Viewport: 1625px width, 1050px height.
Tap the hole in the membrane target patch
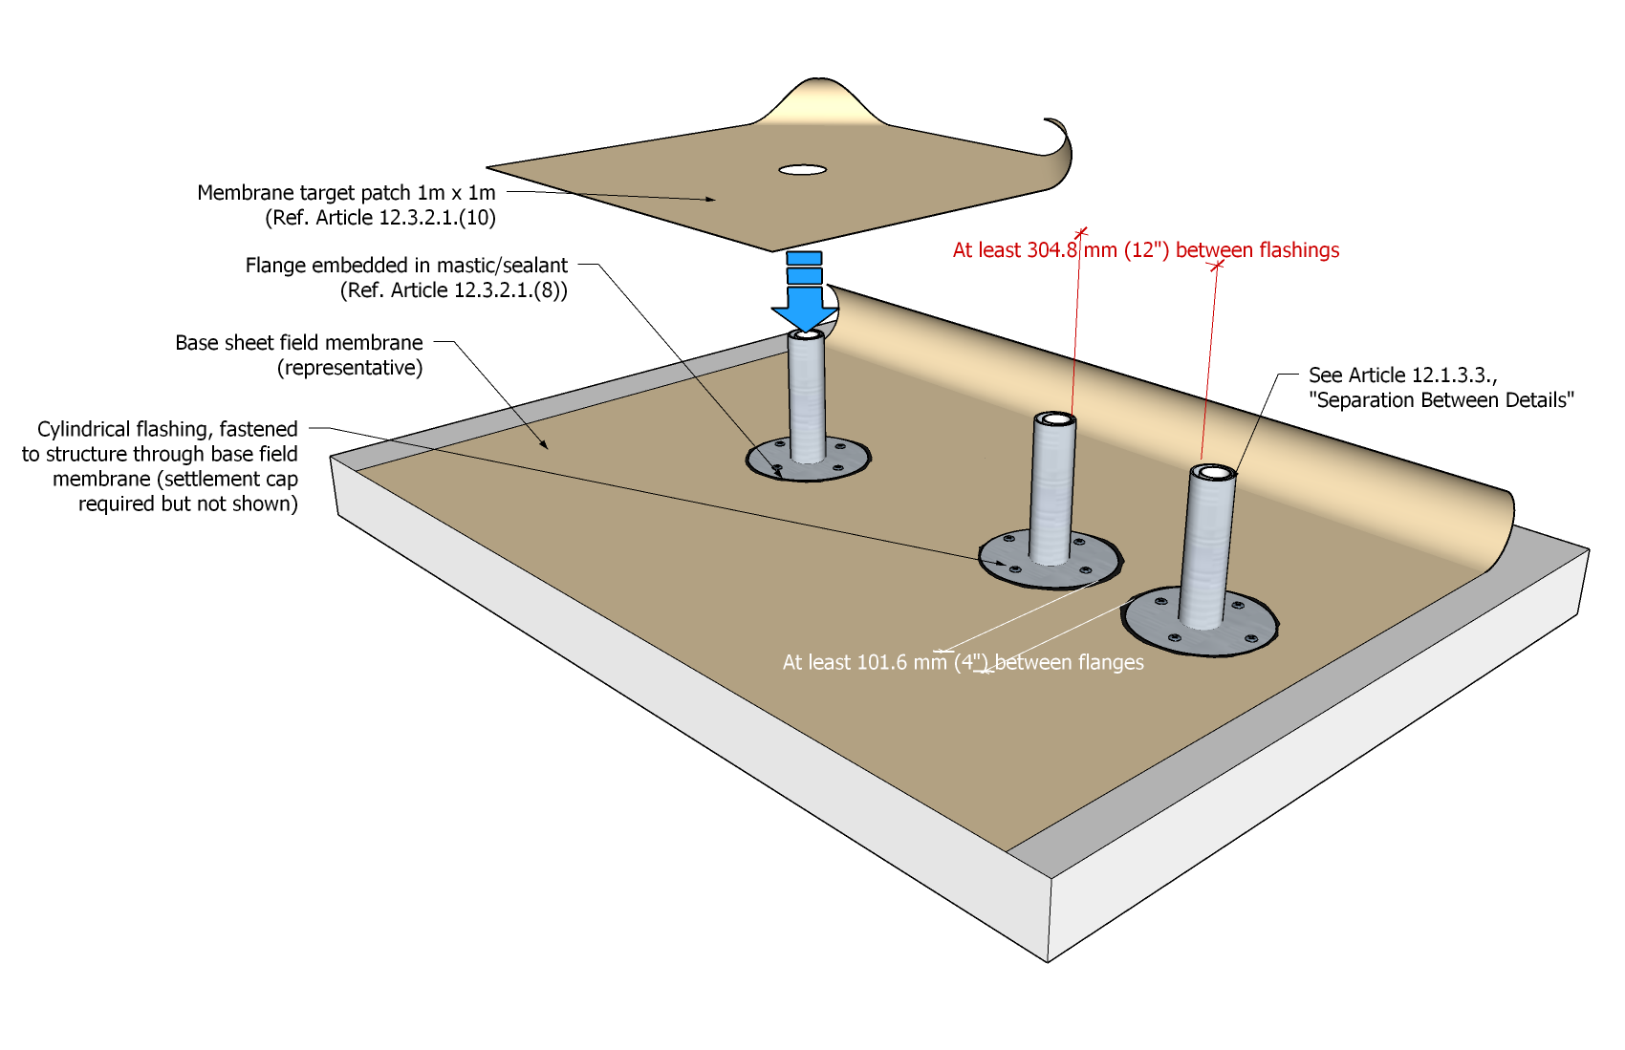coord(802,170)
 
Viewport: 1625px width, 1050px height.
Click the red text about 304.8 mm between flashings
coord(1145,250)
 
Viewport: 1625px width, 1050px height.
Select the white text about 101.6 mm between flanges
coord(963,662)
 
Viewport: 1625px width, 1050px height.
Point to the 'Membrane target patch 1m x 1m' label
coord(346,193)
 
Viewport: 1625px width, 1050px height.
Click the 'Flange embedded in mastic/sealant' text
coord(406,266)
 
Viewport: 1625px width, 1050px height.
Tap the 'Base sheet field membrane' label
coord(298,343)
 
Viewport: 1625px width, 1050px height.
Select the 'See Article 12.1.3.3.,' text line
coord(1402,375)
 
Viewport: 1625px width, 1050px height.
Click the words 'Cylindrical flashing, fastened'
coord(167,429)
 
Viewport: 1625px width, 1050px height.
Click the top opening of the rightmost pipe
coord(1213,472)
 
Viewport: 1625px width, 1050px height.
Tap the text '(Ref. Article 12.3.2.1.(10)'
coord(379,218)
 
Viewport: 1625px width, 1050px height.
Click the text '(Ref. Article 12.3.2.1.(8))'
coord(453,290)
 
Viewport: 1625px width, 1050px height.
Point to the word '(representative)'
coord(350,368)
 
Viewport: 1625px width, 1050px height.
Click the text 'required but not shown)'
coord(187,504)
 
